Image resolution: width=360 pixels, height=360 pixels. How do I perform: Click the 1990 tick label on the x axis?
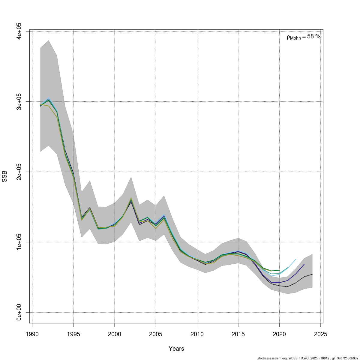32,334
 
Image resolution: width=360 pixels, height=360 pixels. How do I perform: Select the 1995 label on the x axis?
73,334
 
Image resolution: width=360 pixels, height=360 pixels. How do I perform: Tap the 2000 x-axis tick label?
114,334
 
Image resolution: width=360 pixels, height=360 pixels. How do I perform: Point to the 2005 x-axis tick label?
156,334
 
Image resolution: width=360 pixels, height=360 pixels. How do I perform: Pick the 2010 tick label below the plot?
197,334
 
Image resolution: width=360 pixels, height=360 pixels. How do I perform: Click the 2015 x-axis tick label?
238,334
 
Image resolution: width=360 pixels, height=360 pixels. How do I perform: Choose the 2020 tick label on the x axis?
279,334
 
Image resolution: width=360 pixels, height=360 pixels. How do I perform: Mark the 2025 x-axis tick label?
320,334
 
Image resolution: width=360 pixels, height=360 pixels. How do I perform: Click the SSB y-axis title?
4,177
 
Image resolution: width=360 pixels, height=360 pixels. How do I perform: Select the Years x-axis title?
176,349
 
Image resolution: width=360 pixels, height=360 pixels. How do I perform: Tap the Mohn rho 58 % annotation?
304,37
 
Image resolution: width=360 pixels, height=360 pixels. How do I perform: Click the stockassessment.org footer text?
308,358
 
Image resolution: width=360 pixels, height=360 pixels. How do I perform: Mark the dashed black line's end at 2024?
312,274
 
